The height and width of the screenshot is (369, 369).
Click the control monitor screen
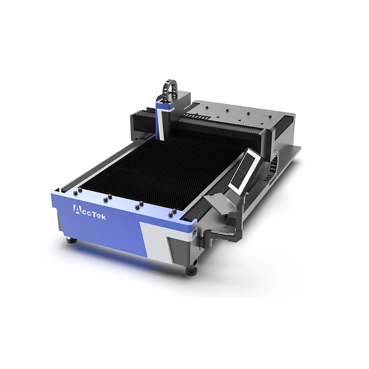click(x=245, y=170)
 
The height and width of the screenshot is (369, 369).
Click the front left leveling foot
click(x=71, y=240)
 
